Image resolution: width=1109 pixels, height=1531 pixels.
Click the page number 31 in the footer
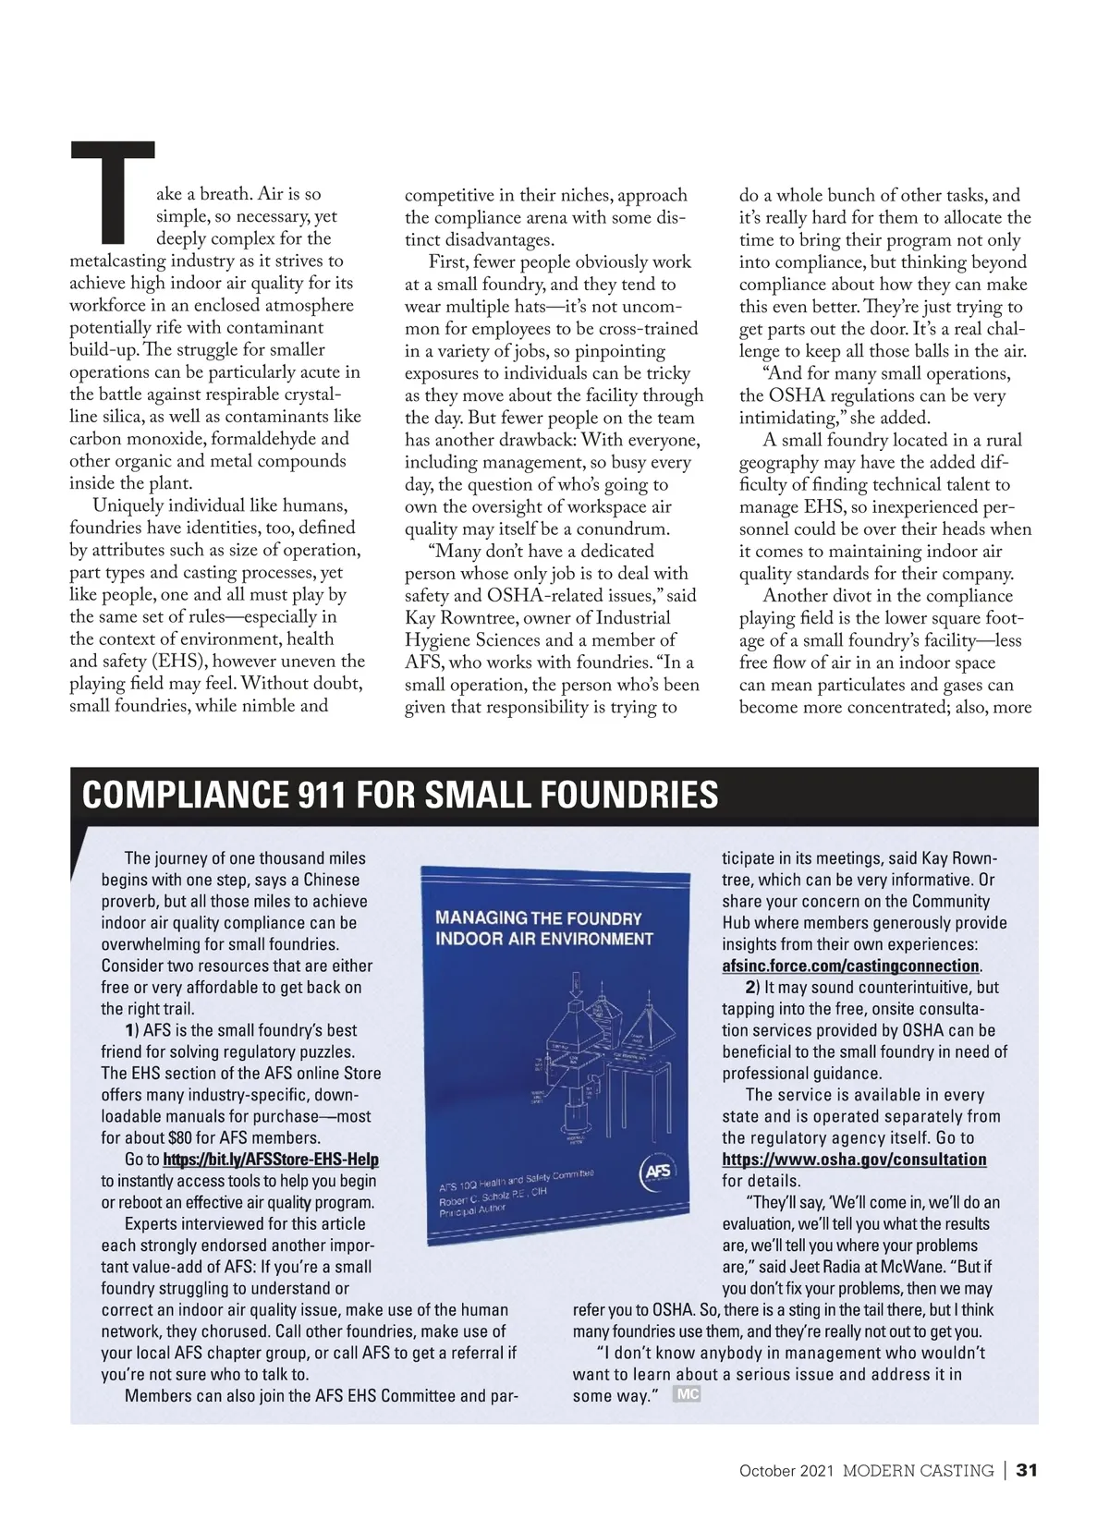click(1027, 1470)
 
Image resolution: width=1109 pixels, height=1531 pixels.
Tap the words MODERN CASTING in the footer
click(918, 1470)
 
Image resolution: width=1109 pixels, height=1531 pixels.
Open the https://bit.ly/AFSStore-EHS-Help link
click(271, 1160)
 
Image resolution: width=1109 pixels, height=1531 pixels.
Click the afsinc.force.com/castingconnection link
click(850, 966)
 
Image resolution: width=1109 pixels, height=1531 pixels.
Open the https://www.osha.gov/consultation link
click(854, 1160)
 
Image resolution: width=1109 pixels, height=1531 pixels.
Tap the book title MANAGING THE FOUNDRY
click(538, 918)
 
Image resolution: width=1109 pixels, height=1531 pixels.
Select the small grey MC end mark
click(687, 1394)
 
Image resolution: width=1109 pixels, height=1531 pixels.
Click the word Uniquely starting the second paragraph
click(127, 505)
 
